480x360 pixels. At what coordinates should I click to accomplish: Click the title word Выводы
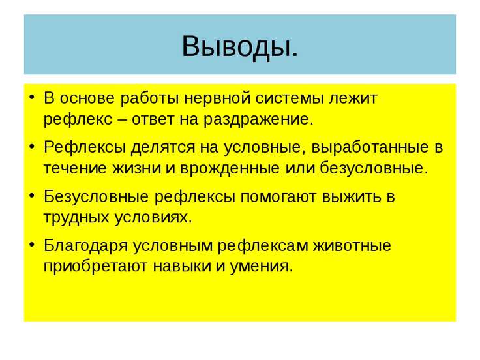coord(240,46)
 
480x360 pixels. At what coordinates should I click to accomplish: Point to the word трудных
coord(73,217)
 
